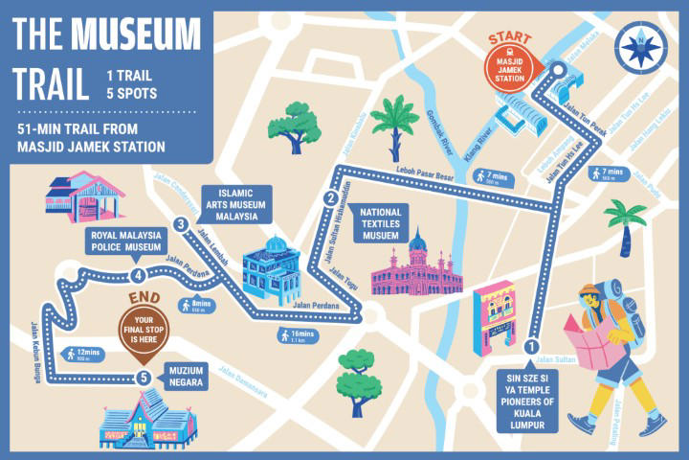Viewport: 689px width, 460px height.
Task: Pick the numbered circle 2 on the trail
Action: pyautogui.click(x=331, y=199)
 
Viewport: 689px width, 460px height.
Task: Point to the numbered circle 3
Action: pyautogui.click(x=181, y=224)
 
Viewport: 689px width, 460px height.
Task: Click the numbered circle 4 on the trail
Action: pyautogui.click(x=141, y=279)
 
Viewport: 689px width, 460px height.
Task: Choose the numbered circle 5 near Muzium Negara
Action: pyautogui.click(x=144, y=378)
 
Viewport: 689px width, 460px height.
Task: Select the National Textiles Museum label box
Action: pyautogui.click(x=379, y=221)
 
